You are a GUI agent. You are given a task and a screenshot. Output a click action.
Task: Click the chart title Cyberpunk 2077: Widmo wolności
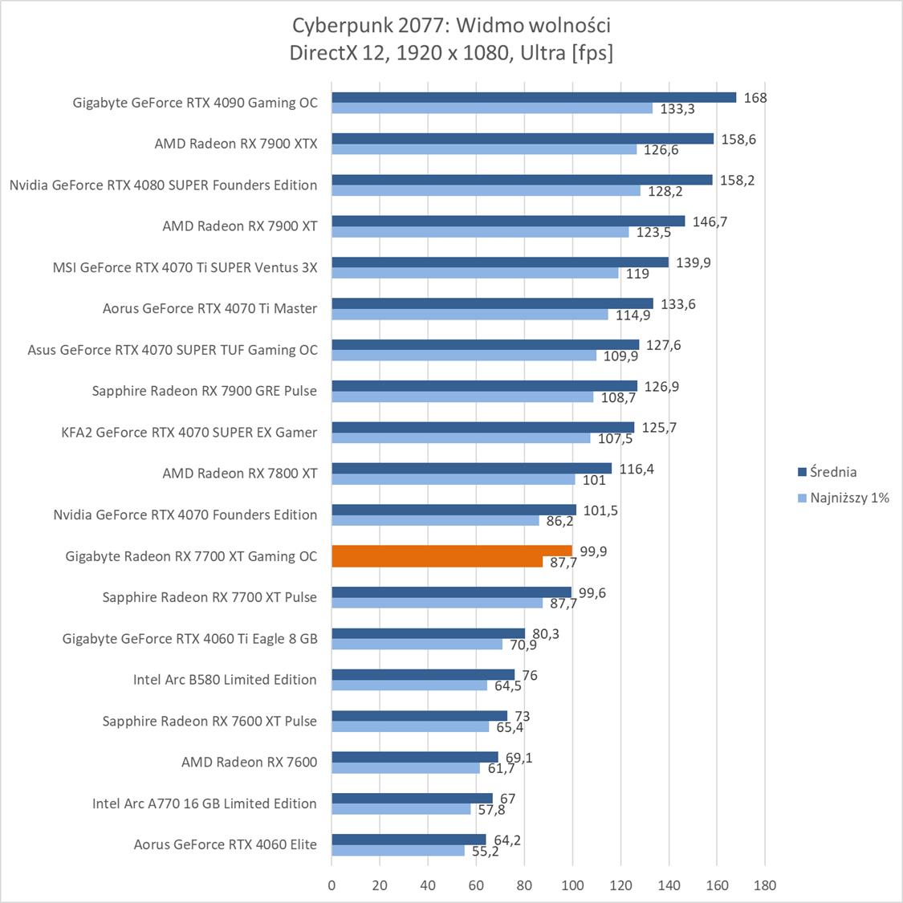[x=451, y=25]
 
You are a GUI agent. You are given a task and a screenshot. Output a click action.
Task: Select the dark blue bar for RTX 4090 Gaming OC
[x=534, y=97]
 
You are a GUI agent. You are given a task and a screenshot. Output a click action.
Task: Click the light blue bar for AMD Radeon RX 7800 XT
[x=454, y=480]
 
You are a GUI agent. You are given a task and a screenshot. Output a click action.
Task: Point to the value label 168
[x=755, y=98]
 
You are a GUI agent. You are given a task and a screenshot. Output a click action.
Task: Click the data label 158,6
[x=738, y=139]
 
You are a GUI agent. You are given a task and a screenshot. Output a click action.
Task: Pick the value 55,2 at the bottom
[x=485, y=851]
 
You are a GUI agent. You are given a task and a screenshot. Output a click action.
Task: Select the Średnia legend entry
[x=832, y=472]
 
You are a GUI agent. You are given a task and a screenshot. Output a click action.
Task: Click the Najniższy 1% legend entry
[x=849, y=498]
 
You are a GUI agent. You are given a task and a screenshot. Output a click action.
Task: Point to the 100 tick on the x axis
[x=572, y=885]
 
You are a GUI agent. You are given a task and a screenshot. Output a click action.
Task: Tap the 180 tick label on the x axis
[x=765, y=885]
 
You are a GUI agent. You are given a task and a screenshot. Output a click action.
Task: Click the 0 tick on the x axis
[x=332, y=885]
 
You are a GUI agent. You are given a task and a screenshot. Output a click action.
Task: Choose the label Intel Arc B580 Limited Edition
[x=225, y=680]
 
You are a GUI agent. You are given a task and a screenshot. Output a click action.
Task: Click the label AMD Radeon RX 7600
[x=249, y=762]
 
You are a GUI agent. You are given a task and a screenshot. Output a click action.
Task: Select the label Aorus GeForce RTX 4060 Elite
[x=225, y=844]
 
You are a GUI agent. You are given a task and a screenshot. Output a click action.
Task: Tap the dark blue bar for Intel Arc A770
[x=412, y=798]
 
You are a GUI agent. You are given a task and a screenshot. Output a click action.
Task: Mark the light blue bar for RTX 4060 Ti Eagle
[x=417, y=645]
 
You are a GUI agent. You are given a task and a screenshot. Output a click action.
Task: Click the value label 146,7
[x=710, y=222]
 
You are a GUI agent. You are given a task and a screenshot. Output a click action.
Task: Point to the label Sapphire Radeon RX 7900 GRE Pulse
[x=204, y=391]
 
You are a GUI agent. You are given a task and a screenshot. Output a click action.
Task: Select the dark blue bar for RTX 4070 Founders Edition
[x=454, y=510]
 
